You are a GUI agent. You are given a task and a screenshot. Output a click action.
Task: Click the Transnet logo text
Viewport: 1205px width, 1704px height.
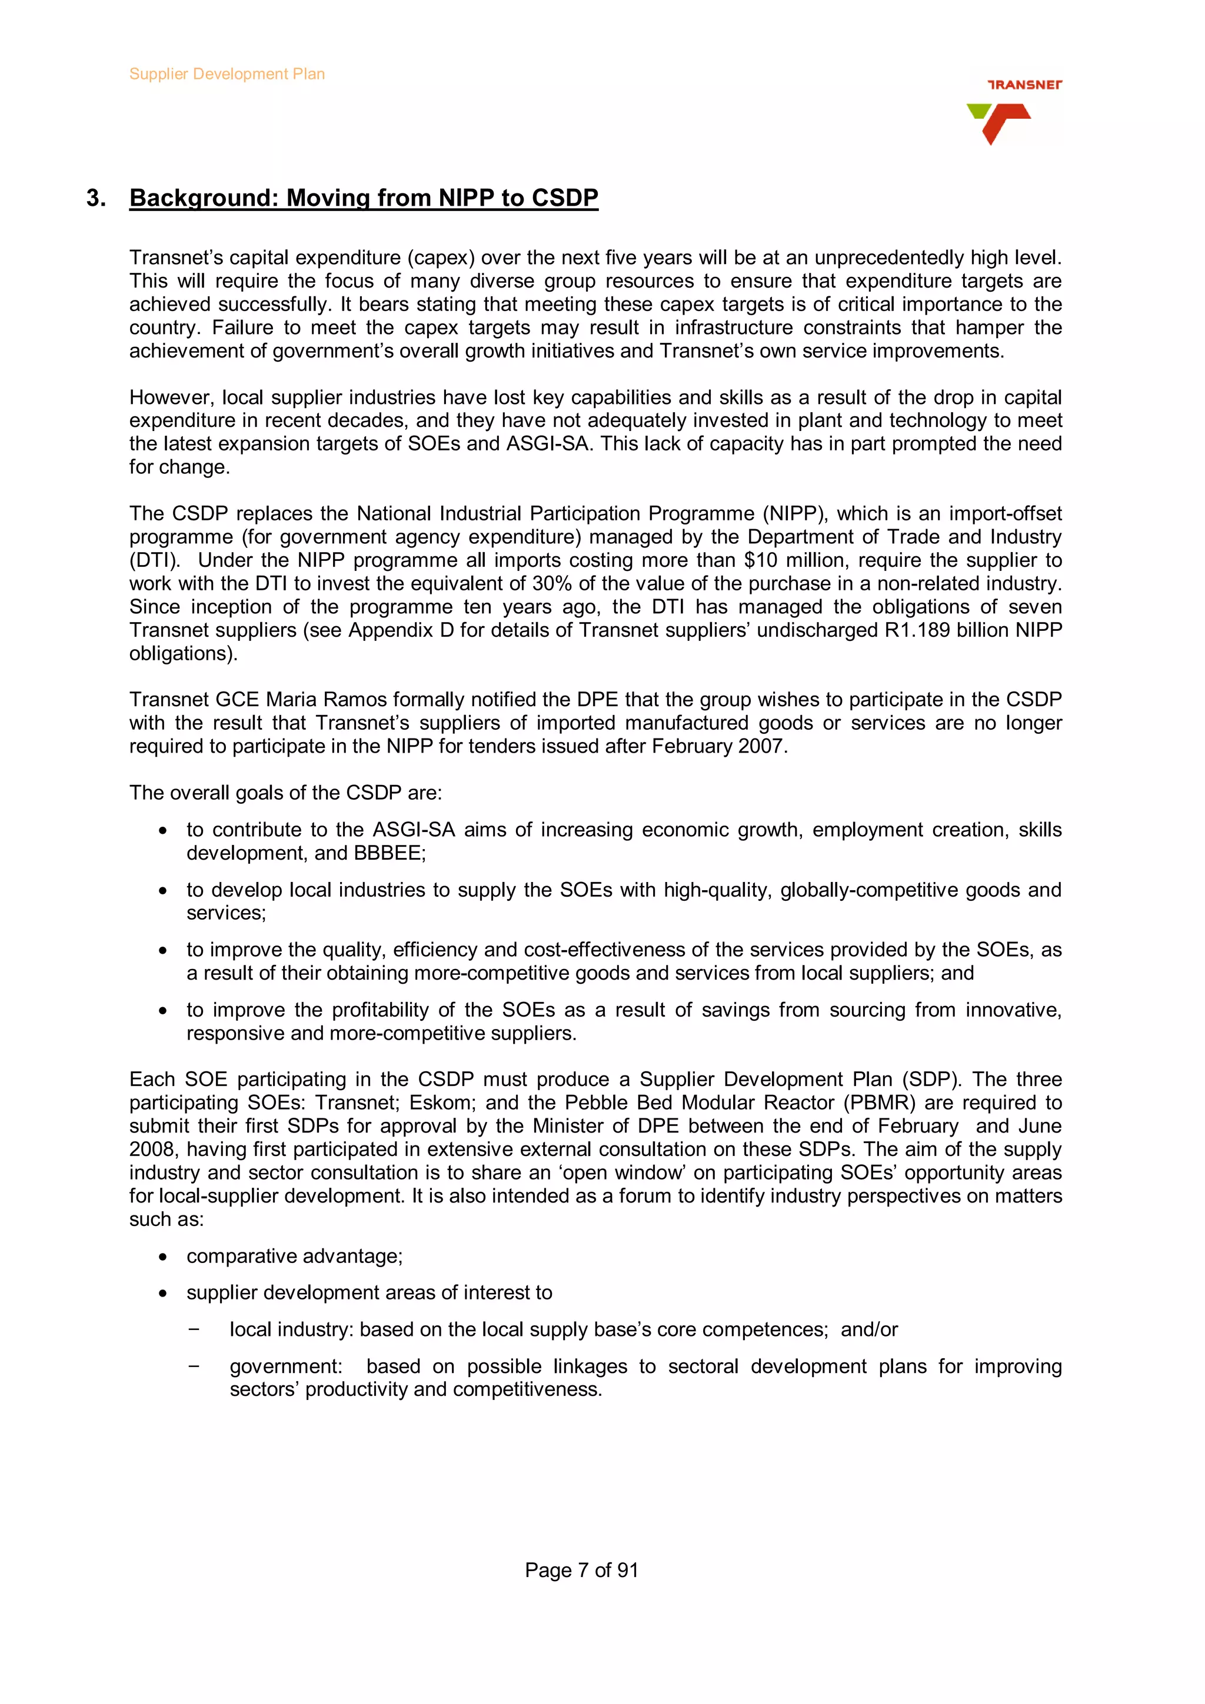pos(1024,85)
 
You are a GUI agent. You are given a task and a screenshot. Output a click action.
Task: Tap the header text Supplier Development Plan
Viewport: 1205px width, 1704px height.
pos(227,74)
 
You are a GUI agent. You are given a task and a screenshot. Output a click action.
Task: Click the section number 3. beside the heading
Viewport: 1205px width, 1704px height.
pos(96,198)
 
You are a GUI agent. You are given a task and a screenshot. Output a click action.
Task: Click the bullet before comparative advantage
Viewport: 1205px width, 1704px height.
pos(162,1257)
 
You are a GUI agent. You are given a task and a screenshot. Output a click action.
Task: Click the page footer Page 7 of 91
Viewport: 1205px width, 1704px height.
pos(581,1571)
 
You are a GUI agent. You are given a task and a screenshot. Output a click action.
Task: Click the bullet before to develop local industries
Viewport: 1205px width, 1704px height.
pos(162,891)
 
